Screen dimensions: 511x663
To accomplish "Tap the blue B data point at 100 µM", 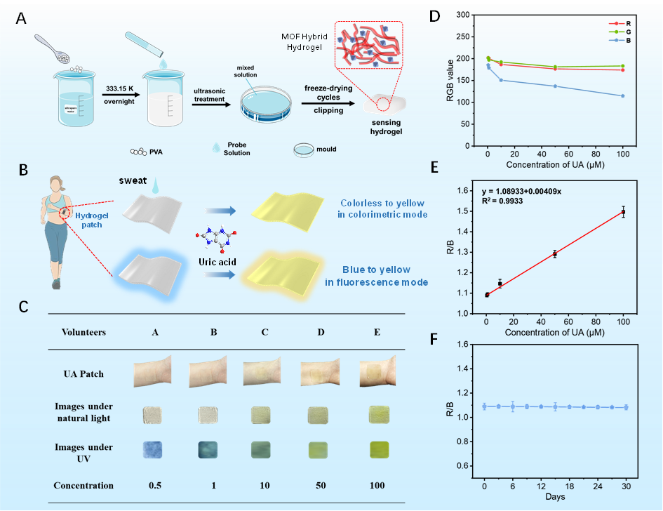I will pos(622,95).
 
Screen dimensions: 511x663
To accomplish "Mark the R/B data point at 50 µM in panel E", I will pos(554,254).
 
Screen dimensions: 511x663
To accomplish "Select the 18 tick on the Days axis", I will pos(568,485).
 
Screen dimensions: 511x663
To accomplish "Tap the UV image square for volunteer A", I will pos(154,449).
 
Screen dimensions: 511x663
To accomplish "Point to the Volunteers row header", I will pos(83,333).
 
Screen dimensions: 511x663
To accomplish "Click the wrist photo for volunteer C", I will pos(264,374).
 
